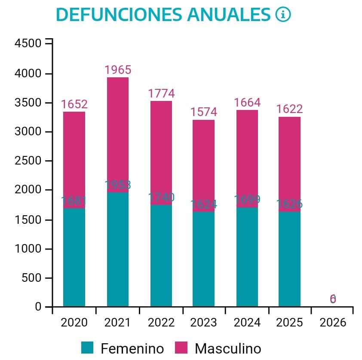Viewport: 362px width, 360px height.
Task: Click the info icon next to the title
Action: tap(283, 15)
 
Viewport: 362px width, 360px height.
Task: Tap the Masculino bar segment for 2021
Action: tap(117, 134)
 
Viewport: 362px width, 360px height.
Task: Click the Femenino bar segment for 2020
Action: tap(74, 257)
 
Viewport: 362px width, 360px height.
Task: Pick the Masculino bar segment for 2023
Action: tap(203, 165)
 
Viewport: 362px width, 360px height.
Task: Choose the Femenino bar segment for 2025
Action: tap(289, 259)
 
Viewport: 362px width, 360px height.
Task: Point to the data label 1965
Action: tap(118, 70)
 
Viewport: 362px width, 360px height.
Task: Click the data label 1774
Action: tap(161, 93)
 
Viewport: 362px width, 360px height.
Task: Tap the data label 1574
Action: tap(204, 112)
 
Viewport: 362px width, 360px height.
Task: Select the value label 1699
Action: tap(247, 200)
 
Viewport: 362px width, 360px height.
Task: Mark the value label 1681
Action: tap(74, 201)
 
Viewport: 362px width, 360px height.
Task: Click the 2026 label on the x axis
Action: tap(333, 323)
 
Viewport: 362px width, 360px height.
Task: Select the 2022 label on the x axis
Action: tap(161, 323)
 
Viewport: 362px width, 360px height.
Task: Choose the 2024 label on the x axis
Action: tap(247, 323)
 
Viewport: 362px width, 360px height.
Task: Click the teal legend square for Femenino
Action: tap(88, 348)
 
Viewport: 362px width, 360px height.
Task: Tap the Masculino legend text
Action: tap(228, 348)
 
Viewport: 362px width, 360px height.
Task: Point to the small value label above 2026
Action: tap(333, 299)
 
